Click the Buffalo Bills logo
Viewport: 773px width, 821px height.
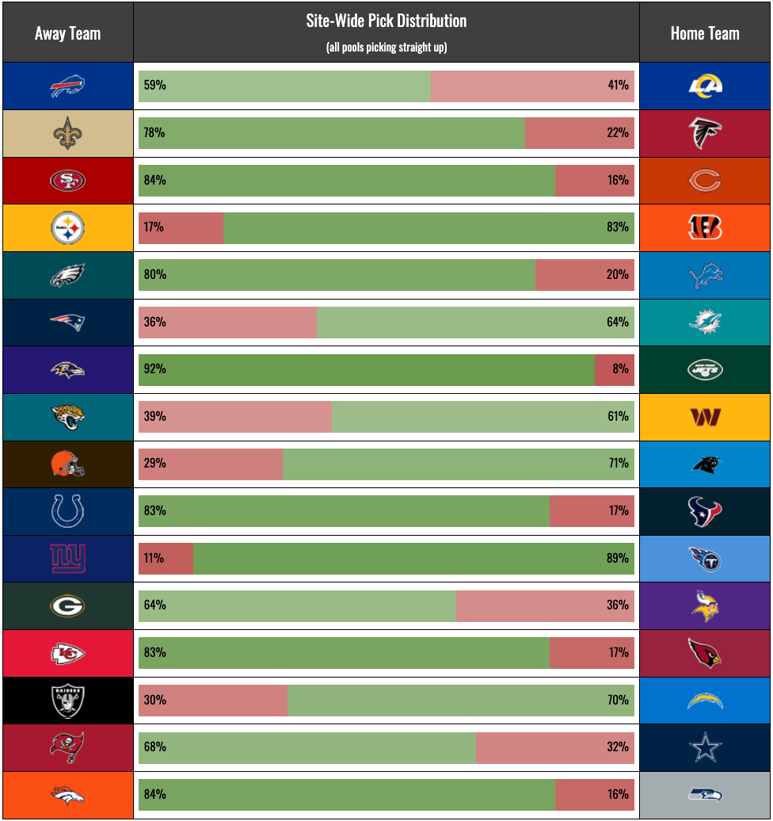[x=68, y=86]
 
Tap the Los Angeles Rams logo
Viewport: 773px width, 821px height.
[x=704, y=86]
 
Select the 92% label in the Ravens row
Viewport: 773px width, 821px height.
[x=154, y=369]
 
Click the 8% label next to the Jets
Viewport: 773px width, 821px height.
[x=620, y=369]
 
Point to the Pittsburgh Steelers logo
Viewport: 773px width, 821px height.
[x=68, y=228]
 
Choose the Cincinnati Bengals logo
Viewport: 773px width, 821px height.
[x=704, y=228]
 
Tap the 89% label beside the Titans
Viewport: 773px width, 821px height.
[x=618, y=558]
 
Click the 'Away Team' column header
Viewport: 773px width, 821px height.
[x=68, y=33]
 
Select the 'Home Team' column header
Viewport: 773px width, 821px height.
[x=704, y=33]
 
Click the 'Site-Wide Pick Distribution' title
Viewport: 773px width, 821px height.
[x=386, y=21]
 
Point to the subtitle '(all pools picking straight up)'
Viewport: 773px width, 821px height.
[x=386, y=48]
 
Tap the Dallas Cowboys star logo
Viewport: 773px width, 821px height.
[x=704, y=747]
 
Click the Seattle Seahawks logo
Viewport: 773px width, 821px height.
[x=704, y=794]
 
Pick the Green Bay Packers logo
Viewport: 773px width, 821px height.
[x=68, y=606]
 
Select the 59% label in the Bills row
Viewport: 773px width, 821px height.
[x=154, y=86]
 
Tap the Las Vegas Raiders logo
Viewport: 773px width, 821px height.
[x=68, y=700]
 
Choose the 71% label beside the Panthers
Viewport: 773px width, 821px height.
[x=619, y=464]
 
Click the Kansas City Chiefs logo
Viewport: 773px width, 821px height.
[x=68, y=653]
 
